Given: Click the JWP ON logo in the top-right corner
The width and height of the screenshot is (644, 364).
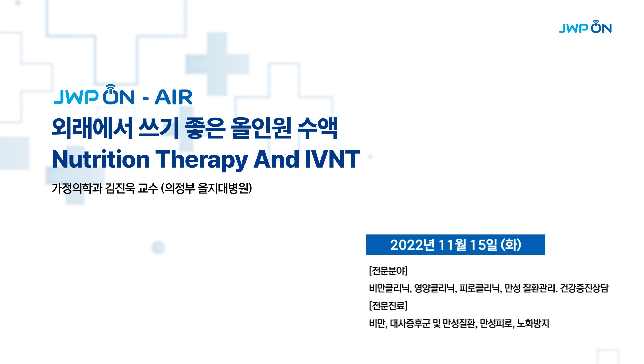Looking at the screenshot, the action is click(585, 27).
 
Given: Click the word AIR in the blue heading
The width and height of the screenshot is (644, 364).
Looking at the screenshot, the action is click(174, 97).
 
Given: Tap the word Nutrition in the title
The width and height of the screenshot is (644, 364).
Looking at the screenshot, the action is click(101, 159).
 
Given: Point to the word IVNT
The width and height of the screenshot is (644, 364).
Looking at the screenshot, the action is click(332, 159).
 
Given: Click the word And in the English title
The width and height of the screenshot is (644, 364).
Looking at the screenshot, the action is click(277, 159).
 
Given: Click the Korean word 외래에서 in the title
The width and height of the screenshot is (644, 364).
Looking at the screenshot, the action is click(92, 128).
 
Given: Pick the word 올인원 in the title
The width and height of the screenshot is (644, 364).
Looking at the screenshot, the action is click(261, 128).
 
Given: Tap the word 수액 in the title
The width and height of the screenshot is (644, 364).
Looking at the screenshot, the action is click(317, 128).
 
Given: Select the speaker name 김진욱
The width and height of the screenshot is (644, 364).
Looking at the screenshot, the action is click(120, 188).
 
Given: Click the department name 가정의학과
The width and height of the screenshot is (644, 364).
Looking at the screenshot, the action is click(77, 188).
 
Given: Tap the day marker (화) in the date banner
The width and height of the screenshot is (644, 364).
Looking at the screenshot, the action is click(511, 245).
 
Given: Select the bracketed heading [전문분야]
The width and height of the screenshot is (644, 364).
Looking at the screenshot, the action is click(388, 271).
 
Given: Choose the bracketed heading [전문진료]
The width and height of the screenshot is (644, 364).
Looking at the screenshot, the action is click(388, 306).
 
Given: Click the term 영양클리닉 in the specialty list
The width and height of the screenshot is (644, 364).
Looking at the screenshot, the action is click(435, 288).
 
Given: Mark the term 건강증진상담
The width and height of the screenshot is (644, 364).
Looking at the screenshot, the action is click(584, 288).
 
